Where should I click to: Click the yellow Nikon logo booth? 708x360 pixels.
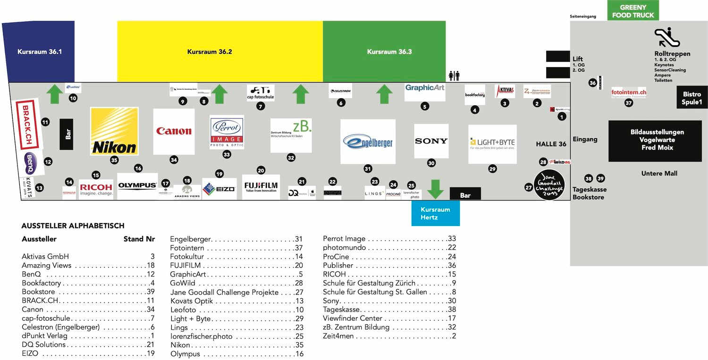coord(114,131)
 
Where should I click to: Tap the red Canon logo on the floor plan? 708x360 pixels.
coord(174,131)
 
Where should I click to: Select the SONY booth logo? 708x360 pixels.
coord(431,141)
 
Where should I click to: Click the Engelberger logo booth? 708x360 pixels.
coord(368,141)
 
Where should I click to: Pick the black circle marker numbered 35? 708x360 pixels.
coord(114,160)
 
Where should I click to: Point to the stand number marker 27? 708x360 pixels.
coord(529,187)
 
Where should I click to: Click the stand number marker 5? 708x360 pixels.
coord(425,107)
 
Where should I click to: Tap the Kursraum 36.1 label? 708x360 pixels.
coord(40,51)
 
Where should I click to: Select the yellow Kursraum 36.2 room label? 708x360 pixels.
coord(210,52)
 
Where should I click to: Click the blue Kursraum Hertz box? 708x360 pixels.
coord(435,213)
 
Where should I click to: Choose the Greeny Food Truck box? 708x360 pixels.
coord(633,11)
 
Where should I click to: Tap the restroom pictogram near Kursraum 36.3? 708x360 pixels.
coord(454,75)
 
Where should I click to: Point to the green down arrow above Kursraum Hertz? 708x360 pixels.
coord(435,189)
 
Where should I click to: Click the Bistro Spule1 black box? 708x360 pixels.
coord(692,98)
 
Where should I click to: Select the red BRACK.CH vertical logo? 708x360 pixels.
coord(26,121)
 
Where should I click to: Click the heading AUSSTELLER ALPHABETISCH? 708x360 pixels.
coord(73,226)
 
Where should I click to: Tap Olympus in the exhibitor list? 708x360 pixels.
coord(185,354)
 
